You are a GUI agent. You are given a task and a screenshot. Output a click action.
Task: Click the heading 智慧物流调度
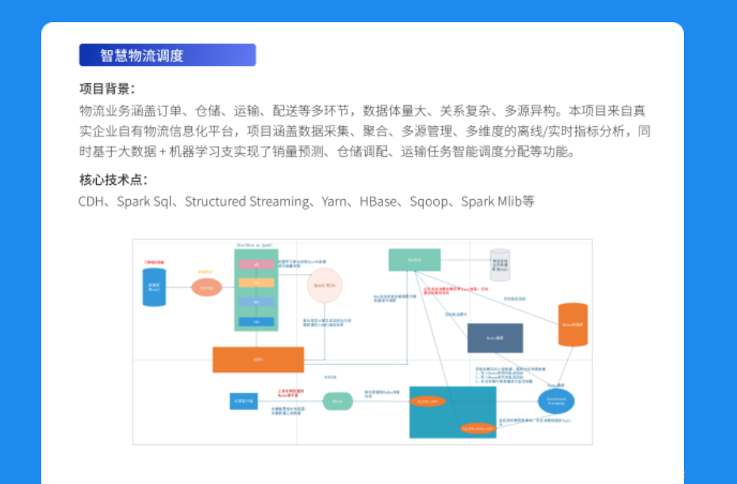142,56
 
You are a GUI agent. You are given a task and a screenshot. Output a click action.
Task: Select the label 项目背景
107,88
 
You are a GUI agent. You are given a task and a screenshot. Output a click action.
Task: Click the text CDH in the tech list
91,202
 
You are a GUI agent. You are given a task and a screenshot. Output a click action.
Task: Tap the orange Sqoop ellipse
206,287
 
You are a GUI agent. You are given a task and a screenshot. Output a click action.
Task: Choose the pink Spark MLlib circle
324,285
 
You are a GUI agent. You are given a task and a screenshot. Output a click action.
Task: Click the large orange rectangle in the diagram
258,359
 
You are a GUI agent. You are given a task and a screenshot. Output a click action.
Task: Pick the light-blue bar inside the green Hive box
256,302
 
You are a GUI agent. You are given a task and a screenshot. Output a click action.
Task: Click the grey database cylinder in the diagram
500,264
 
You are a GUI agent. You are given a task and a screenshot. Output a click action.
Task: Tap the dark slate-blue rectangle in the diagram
494,338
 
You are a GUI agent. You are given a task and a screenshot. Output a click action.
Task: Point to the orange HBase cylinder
573,325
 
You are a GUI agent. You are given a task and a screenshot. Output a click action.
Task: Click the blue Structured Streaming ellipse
555,401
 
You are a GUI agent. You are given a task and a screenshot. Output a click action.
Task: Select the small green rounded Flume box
337,401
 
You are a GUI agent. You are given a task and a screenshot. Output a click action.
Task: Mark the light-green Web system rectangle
414,259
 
